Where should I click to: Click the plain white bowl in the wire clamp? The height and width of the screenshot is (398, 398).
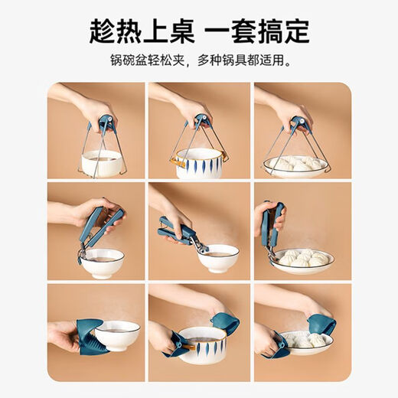(101, 162)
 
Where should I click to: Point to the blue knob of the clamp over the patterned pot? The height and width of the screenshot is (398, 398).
(201, 121)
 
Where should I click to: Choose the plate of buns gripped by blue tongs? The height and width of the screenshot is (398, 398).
(302, 260)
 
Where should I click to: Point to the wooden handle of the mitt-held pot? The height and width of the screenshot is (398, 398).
(184, 346)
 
